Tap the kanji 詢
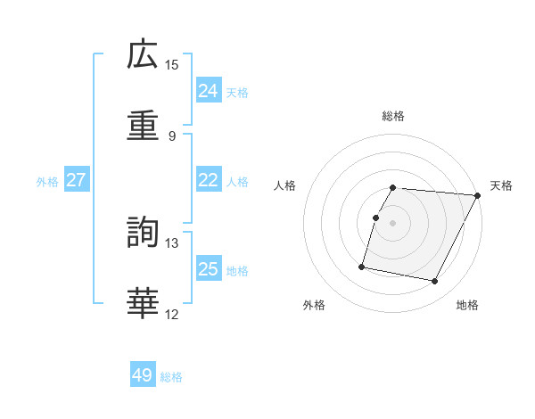[143, 231]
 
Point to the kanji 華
[143, 302]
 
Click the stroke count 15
[172, 65]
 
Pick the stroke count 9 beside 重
[172, 136]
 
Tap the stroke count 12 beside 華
[172, 314]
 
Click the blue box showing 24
[208, 91]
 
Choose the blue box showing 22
[208, 180]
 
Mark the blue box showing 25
[208, 269]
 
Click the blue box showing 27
[77, 180]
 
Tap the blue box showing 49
[143, 375]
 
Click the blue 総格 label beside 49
[171, 377]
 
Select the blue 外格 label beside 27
[47, 182]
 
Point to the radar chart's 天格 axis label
[501, 185]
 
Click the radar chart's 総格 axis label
[393, 116]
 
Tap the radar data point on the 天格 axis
[477, 195]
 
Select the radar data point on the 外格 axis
[362, 266]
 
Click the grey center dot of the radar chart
[392, 223]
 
